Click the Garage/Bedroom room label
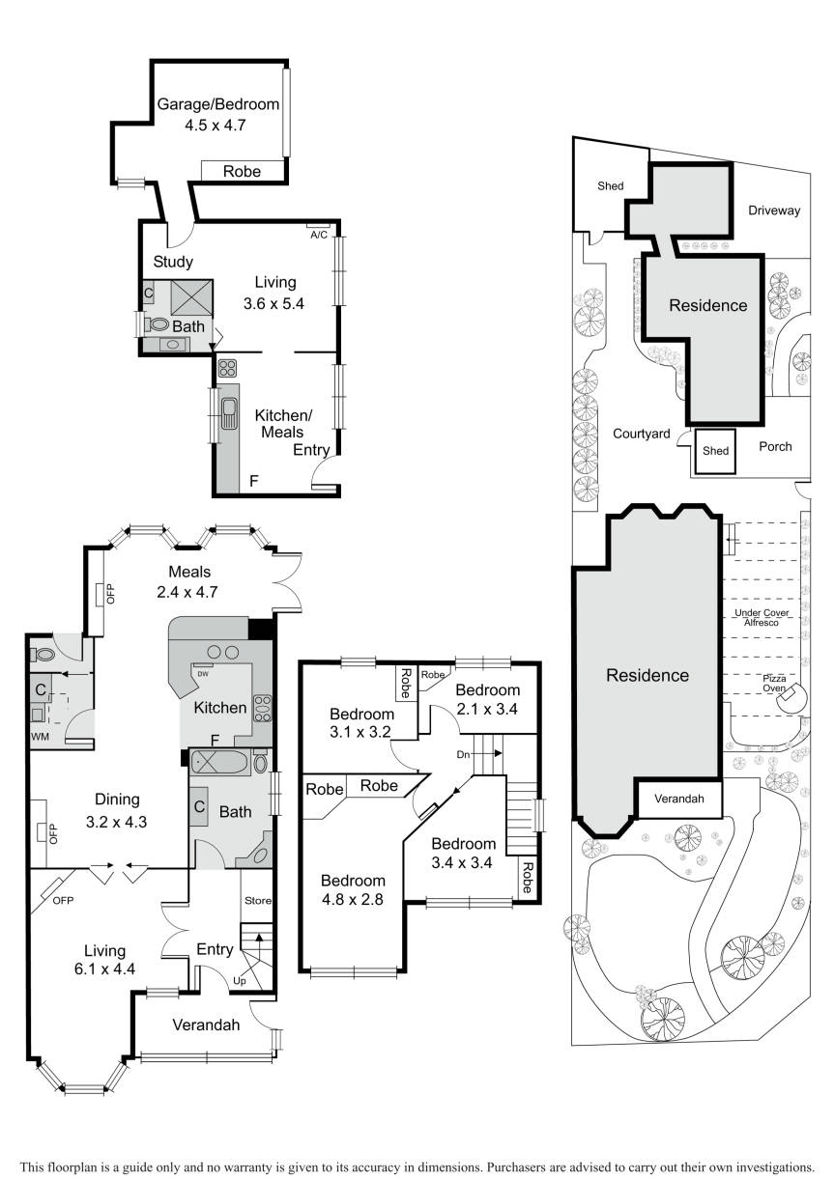pos(218,104)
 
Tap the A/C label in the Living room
pos(319,236)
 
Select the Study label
pos(173,262)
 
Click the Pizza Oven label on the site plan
pos(774,684)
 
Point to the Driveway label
pos(774,211)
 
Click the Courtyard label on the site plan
pos(641,434)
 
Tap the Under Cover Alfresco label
pos(762,617)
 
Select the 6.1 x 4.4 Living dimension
pos(104,968)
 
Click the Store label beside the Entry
pos(258,901)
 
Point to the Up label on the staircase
pos(240,981)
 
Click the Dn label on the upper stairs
pos(463,755)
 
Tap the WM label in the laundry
pos(40,737)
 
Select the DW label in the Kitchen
pos(202,674)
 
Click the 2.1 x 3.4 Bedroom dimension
pos(487,709)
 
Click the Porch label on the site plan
pos(775,446)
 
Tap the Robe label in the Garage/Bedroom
pos(242,172)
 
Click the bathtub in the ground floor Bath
pos(221,764)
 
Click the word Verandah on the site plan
pos(679,799)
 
